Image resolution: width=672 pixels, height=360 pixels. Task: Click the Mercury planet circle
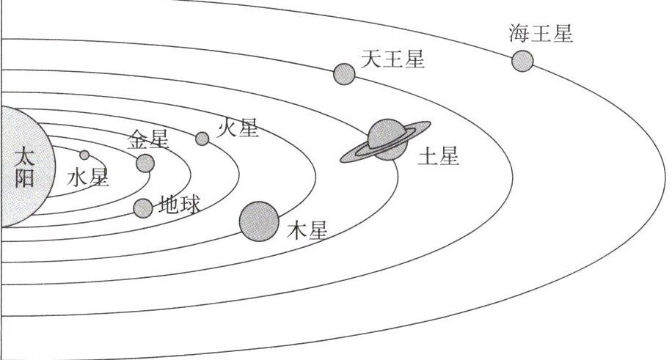click(84, 155)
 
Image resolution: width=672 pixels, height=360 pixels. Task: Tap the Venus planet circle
click(145, 163)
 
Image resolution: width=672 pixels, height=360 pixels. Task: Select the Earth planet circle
click(143, 208)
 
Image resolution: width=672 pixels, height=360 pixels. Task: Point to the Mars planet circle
click(202, 139)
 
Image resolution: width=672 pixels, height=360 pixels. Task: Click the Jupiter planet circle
click(259, 221)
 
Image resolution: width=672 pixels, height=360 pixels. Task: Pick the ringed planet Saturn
click(387, 139)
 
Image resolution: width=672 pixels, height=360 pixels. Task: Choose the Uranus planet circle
click(344, 73)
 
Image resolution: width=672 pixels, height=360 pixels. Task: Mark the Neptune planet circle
click(522, 60)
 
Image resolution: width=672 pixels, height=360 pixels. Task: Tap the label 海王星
click(540, 34)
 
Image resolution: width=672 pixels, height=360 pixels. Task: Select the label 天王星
click(393, 59)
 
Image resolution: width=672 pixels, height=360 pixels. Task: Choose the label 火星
click(238, 129)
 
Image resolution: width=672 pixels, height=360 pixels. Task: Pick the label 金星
click(149, 139)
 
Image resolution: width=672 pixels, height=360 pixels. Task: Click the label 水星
click(88, 178)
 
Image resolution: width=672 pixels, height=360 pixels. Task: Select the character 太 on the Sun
click(24, 158)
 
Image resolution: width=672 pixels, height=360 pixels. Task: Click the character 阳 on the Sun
click(24, 178)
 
